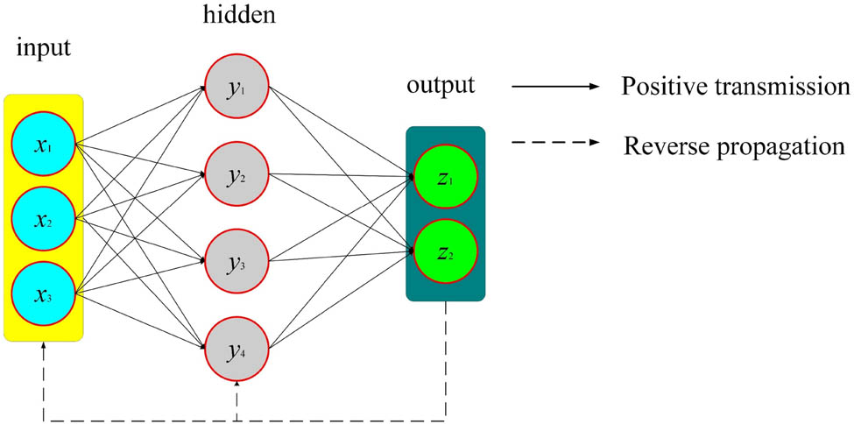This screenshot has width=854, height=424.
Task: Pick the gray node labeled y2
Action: click(x=236, y=174)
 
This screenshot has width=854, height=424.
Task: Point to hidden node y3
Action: click(x=236, y=260)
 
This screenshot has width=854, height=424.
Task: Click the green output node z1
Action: click(x=445, y=180)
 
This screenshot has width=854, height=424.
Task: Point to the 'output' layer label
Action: click(x=441, y=87)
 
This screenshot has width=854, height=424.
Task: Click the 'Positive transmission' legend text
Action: click(x=735, y=88)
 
